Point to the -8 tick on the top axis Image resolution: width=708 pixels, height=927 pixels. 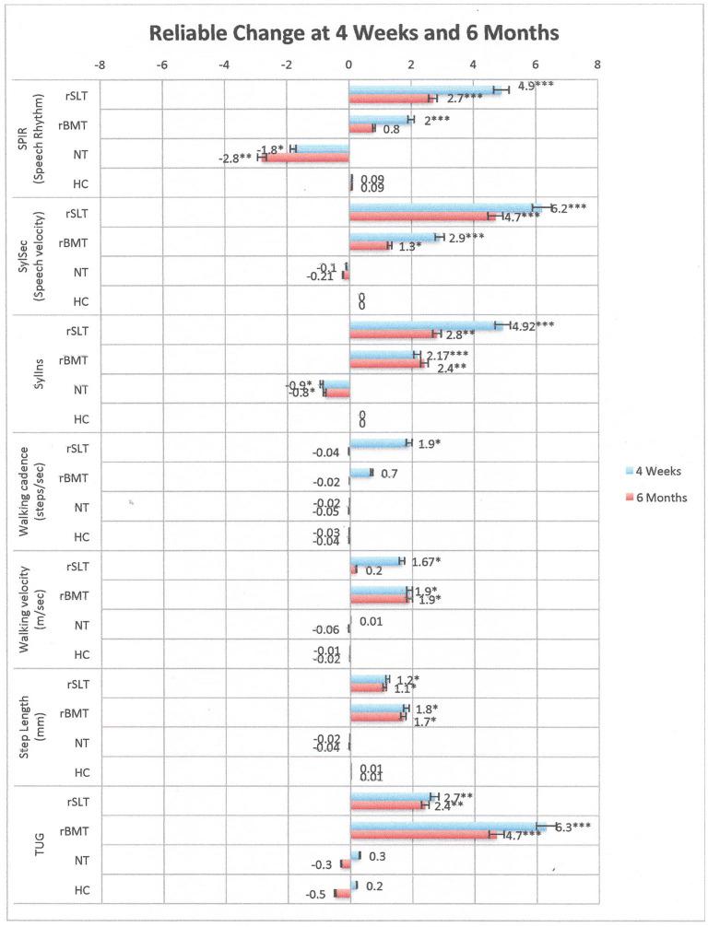(x=100, y=65)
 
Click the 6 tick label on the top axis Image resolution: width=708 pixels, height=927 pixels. (x=536, y=65)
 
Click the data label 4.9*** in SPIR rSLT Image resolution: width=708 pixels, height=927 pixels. (x=537, y=86)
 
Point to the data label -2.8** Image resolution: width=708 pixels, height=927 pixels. (x=235, y=158)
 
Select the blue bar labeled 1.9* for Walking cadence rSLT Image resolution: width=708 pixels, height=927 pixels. (x=379, y=443)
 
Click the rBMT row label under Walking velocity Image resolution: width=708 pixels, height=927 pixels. (x=74, y=595)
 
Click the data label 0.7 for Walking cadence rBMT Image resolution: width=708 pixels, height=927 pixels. (x=389, y=473)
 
